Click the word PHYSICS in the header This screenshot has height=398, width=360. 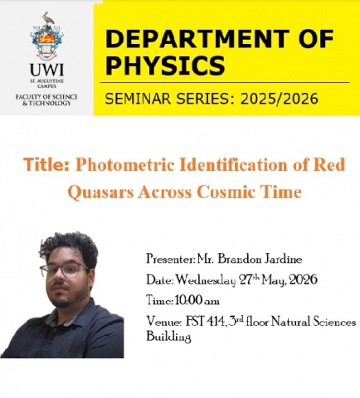165,66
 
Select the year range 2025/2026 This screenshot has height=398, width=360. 280,99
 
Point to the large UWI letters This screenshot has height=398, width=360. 46,70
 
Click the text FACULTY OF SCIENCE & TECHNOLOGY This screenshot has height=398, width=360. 46,100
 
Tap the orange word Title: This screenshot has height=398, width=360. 46,164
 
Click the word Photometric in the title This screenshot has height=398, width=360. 125,164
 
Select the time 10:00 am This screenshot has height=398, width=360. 197,300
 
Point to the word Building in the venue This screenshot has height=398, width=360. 168,337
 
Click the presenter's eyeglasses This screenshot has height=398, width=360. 64,269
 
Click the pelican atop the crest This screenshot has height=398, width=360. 47,18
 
